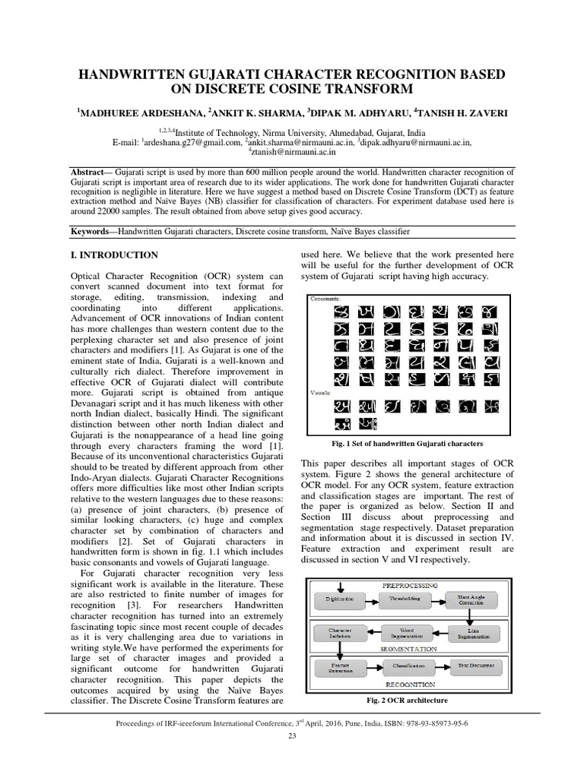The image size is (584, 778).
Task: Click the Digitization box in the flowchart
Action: (x=340, y=599)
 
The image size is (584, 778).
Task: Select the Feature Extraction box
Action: (x=340, y=667)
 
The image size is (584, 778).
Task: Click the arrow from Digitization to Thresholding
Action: (x=373, y=599)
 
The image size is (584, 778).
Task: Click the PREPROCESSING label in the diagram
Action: (x=409, y=585)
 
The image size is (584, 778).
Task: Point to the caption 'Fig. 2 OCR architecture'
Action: (x=408, y=700)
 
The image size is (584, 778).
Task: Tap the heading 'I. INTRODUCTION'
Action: (x=114, y=255)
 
